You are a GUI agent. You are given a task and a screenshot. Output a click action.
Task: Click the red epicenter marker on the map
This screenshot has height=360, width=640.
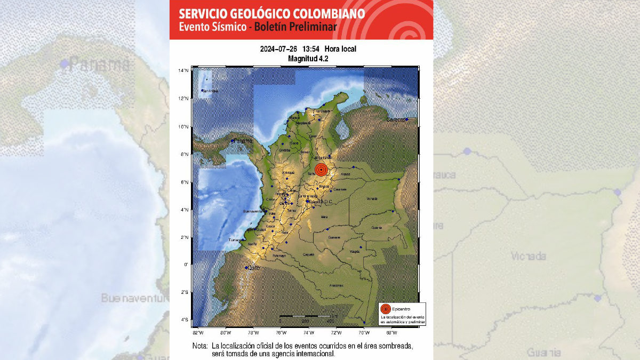pos(321,170)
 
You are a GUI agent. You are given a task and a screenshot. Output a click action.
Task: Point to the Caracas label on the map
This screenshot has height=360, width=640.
pos(396,120)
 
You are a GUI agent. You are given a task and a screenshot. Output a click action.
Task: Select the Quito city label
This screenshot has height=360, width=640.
pos(253,268)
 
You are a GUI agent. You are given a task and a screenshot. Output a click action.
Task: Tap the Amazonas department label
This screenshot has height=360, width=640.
pos(336,286)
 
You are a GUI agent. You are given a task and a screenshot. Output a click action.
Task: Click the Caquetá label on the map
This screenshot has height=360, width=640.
pos(308,255)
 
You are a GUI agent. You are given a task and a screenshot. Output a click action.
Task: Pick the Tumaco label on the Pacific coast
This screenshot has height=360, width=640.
pos(235,241)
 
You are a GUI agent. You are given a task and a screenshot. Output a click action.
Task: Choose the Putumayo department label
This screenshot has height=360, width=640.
pos(279,256)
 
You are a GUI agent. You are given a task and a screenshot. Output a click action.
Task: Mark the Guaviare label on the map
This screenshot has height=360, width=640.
pos(334,237)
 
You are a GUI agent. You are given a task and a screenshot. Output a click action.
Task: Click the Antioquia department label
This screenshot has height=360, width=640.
pos(288,172)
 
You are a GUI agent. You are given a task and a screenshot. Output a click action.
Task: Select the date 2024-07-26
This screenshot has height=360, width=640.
pos(278,49)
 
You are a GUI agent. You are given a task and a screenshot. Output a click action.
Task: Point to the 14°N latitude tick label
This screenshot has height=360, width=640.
pos(183,71)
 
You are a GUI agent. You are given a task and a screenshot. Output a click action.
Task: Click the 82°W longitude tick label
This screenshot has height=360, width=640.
pos(198,332)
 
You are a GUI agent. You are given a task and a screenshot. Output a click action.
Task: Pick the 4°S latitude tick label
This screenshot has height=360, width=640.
pos(183,320)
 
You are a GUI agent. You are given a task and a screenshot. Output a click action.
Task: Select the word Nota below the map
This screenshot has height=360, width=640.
pos(200,346)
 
